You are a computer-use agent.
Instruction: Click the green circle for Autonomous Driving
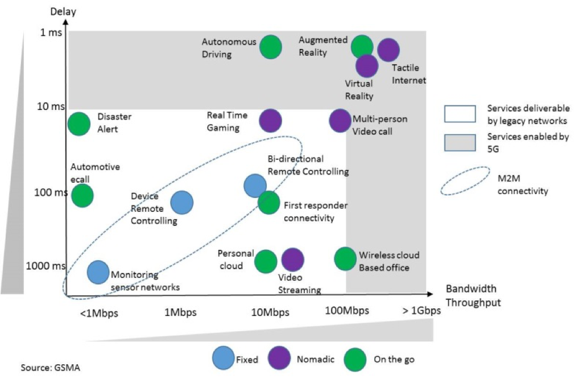point(271,47)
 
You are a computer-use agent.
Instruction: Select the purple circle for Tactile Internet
point(388,51)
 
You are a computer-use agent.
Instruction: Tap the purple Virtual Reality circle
point(367,66)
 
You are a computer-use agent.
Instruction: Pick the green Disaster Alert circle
point(78,123)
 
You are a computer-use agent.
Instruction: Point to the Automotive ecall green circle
point(82,195)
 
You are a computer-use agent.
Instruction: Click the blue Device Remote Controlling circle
point(182,202)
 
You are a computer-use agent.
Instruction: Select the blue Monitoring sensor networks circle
point(98,271)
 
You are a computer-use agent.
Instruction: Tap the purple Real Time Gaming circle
point(271,120)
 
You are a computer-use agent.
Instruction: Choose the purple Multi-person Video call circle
point(340,120)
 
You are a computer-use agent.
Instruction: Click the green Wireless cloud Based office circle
point(345,258)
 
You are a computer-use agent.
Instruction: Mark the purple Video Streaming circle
point(293,259)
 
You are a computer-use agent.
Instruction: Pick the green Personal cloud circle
point(265,261)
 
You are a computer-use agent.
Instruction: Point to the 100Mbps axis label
point(347,311)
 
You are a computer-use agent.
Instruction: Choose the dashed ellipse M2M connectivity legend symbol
point(465,181)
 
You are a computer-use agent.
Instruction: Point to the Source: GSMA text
point(51,368)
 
